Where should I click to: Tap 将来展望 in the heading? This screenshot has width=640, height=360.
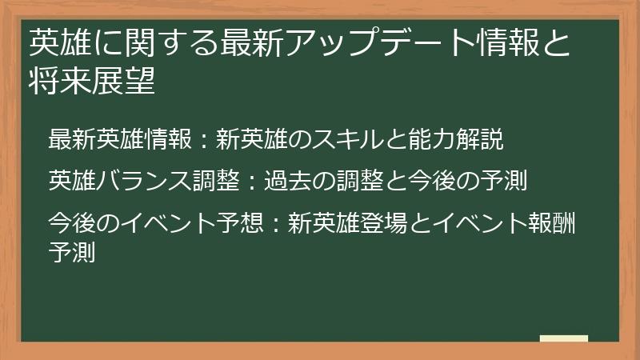click(x=90, y=82)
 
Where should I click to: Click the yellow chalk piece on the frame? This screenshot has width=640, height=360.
click(x=564, y=338)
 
